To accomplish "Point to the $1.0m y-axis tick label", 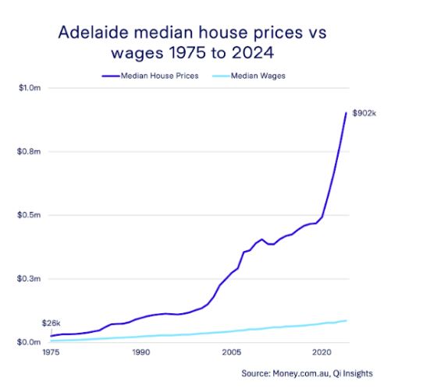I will [30, 88].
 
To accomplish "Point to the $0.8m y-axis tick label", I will [30, 151].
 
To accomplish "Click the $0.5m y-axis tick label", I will [30, 215].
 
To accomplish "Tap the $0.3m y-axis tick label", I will [30, 278].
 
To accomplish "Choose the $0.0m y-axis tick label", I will [30, 342].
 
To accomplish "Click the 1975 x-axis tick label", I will [51, 353].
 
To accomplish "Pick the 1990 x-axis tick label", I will [140, 353].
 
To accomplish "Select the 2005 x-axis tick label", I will [230, 353].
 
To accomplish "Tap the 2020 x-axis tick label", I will [321, 353].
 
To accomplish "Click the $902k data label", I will [364, 113].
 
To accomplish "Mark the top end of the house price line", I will [347, 113].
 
